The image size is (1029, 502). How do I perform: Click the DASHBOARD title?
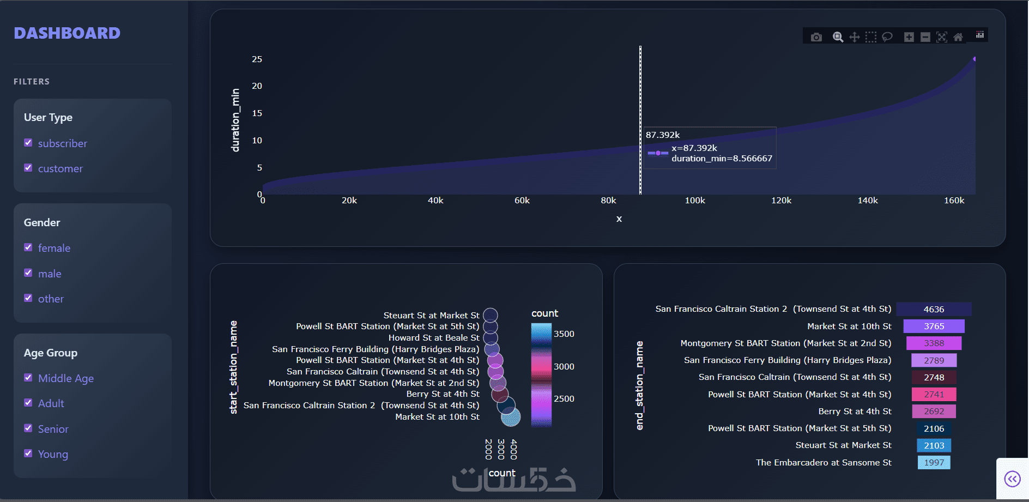67,33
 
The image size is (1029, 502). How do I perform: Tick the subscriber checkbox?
28,143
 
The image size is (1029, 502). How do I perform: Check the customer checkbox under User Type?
28,168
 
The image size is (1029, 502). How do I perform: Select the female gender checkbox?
28,247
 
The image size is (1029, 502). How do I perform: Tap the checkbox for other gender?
28,298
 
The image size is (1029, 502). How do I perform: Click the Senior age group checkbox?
28,428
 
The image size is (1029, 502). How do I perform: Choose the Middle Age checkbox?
28,378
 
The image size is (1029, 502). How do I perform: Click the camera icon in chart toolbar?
816,37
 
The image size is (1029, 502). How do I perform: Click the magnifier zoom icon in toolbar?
838,37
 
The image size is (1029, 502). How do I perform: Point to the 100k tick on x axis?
695,201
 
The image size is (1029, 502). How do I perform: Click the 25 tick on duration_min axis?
257,59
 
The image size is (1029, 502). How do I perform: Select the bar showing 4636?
934,309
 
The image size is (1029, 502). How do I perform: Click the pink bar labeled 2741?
934,394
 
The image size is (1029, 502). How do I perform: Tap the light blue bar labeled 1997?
934,462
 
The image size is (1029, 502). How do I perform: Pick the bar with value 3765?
934,326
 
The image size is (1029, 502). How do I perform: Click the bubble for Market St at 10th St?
511,417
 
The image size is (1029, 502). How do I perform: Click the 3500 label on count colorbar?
564,334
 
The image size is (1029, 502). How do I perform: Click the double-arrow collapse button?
1012,479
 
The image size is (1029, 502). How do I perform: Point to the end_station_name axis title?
640,385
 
